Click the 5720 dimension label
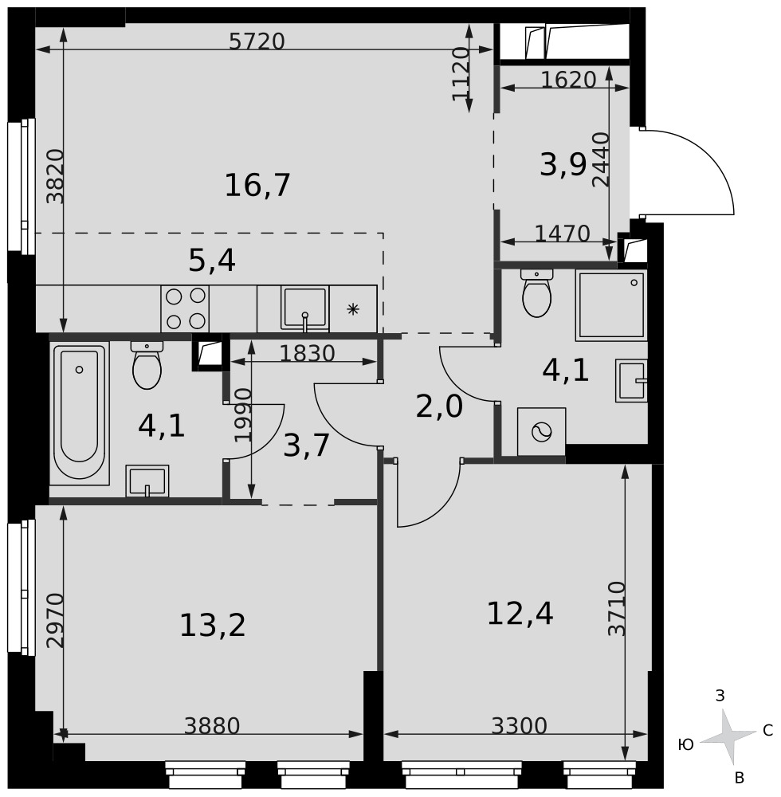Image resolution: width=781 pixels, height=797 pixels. (257, 41)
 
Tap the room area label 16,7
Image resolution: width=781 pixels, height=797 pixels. (257, 185)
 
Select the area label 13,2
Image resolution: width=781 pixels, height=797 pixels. (213, 625)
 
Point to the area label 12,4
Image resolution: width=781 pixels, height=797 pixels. (520, 614)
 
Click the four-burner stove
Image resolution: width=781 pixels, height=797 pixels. (185, 308)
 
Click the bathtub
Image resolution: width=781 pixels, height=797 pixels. (79, 413)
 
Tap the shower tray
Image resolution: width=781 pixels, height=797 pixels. (611, 305)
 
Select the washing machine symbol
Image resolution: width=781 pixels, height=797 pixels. (541, 432)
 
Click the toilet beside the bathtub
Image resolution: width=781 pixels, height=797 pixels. (147, 364)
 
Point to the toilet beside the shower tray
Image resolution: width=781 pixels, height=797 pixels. (536, 293)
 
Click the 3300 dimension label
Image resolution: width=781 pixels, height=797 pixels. (519, 726)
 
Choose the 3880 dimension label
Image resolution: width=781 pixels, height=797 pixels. (212, 726)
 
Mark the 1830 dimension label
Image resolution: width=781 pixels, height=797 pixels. (308, 353)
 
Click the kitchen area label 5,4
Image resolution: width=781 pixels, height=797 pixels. (212, 261)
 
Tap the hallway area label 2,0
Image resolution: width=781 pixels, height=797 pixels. (439, 407)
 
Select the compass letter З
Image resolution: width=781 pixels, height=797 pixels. (720, 695)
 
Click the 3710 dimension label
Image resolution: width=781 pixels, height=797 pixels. (616, 608)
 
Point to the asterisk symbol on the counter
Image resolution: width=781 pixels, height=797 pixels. (353, 309)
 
